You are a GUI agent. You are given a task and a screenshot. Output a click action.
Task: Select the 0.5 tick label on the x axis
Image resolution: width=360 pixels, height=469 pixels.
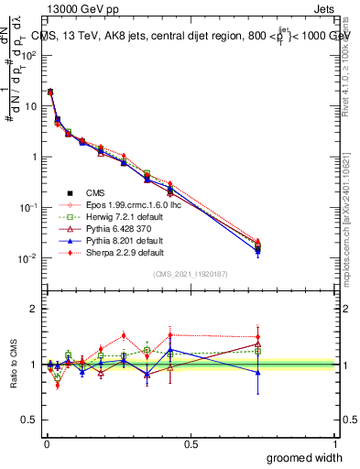tap(191, 443)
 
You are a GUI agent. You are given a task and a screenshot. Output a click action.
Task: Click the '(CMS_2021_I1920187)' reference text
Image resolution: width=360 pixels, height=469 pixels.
tap(190, 275)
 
